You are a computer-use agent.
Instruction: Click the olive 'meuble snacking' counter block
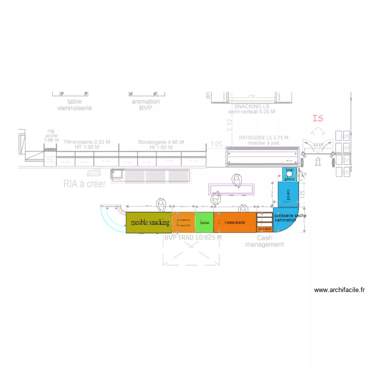148,222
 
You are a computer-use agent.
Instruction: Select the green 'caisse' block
204,222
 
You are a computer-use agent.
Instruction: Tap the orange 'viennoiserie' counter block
235,222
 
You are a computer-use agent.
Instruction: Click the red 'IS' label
318,118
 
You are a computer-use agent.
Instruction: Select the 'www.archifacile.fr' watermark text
339,290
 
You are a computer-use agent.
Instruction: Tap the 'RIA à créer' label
84,184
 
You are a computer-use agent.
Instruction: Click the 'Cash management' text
264,241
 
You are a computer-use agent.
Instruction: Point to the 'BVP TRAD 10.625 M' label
193,238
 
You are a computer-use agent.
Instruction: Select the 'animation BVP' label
146,105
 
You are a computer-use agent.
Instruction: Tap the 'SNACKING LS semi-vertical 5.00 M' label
252,109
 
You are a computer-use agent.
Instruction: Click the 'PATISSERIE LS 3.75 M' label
263,138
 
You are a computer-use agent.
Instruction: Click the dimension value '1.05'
216,144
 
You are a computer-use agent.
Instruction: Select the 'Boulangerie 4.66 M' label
161,142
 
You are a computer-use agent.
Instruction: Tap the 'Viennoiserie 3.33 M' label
87,142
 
